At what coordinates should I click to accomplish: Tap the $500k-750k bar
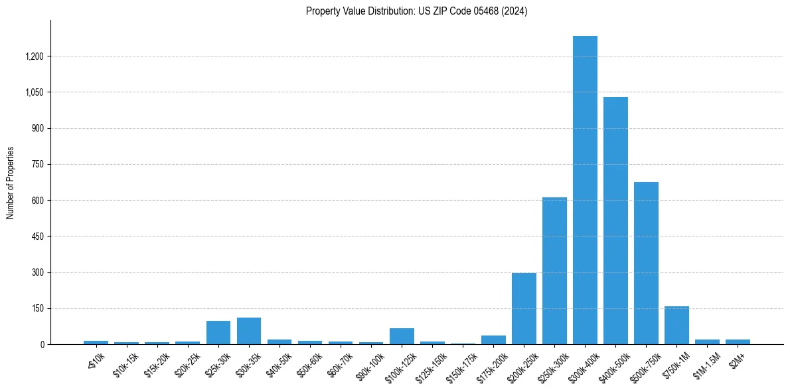pyautogui.click(x=646, y=263)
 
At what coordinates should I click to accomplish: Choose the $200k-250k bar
pyautogui.click(x=524, y=309)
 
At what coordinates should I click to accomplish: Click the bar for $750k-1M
pyautogui.click(x=676, y=326)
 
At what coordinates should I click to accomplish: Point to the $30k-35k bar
pyautogui.click(x=249, y=331)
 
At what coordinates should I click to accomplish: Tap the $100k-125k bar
pyautogui.click(x=402, y=336)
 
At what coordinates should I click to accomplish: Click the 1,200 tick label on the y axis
pyautogui.click(x=34, y=56)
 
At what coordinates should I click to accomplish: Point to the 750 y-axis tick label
pyautogui.click(x=38, y=164)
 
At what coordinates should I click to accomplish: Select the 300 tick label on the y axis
pyautogui.click(x=38, y=272)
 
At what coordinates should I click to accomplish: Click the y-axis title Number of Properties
pyautogui.click(x=11, y=183)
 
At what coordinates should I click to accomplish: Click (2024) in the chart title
pyautogui.click(x=514, y=11)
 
